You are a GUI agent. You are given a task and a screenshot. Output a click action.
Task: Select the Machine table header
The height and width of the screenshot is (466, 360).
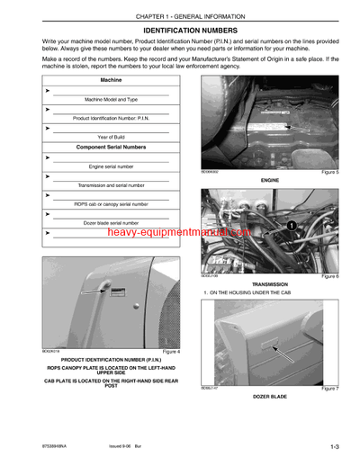click(x=112, y=81)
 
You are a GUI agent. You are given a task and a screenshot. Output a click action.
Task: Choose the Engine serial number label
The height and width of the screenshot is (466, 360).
click(x=112, y=167)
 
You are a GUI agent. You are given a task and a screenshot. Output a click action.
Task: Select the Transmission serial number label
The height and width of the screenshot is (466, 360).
click(x=112, y=184)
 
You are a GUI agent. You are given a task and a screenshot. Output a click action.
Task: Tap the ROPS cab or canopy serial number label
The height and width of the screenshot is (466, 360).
click(x=112, y=203)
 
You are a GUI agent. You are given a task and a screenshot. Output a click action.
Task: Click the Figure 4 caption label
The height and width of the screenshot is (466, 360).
click(x=170, y=351)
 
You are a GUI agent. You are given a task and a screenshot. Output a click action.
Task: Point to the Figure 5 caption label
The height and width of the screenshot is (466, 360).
click(x=328, y=171)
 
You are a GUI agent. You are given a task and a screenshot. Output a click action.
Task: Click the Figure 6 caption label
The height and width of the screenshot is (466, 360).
click(x=328, y=276)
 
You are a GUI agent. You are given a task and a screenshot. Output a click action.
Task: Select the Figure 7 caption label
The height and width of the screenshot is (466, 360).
click(x=328, y=388)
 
